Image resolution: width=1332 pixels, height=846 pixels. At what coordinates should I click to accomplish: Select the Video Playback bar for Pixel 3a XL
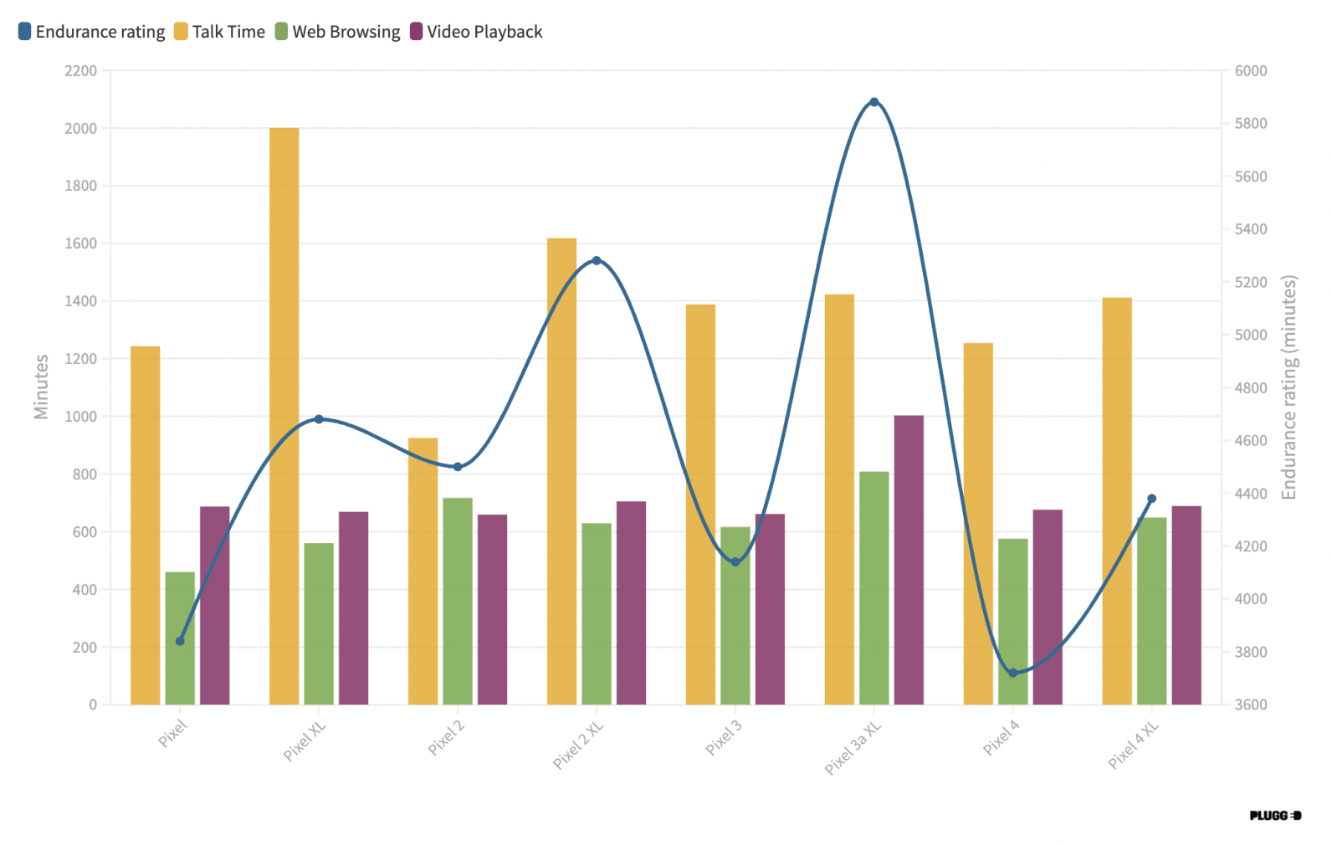point(909,560)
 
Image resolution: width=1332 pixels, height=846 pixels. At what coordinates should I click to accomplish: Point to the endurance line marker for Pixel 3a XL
point(874,102)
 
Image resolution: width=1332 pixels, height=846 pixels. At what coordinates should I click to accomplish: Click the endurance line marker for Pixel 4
point(1012,673)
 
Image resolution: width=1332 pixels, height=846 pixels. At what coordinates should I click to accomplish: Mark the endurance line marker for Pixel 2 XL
point(597,260)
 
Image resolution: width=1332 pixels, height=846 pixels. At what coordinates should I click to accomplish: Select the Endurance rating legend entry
point(92,32)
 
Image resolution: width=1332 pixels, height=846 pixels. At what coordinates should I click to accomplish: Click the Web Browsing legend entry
point(338,32)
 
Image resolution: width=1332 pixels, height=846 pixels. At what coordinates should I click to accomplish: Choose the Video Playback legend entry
point(476,32)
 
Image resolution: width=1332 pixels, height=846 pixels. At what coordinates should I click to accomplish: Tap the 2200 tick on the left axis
point(80,71)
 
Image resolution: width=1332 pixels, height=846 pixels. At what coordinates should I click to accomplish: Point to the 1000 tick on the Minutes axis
point(80,417)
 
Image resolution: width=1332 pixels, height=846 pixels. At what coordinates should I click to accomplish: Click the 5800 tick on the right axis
point(1251,124)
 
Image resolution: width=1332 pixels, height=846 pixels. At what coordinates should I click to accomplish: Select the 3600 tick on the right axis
point(1251,705)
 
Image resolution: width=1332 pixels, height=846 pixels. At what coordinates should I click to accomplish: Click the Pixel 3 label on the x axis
point(724,737)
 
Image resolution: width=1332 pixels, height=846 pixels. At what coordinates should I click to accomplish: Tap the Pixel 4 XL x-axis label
point(1134,745)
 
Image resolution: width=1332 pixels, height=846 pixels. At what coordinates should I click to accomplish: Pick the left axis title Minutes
point(41,387)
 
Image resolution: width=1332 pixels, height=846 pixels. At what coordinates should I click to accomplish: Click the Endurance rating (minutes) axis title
point(1288,387)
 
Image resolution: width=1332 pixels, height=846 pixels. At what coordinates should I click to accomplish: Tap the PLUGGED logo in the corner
point(1275,815)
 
